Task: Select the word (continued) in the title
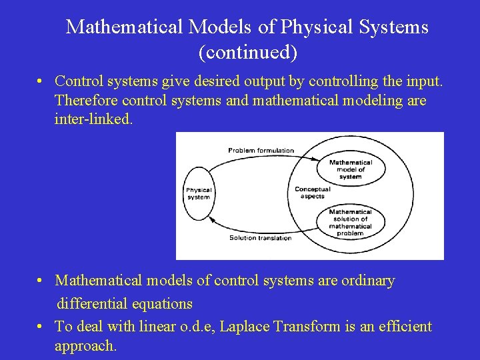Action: coord(247,51)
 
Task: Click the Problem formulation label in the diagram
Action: coord(261,150)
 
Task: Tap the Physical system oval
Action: coord(199,193)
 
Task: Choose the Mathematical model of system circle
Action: coord(350,169)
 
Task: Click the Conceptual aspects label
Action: coord(312,193)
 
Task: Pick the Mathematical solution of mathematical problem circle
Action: coord(350,223)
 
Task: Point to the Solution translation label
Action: coord(260,238)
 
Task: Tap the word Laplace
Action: coord(245,327)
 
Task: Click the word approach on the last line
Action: coord(84,347)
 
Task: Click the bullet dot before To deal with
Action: coord(41,326)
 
